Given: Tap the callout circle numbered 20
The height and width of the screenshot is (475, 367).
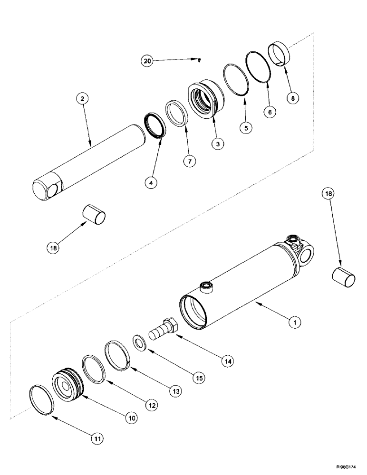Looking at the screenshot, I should coord(148,61).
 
